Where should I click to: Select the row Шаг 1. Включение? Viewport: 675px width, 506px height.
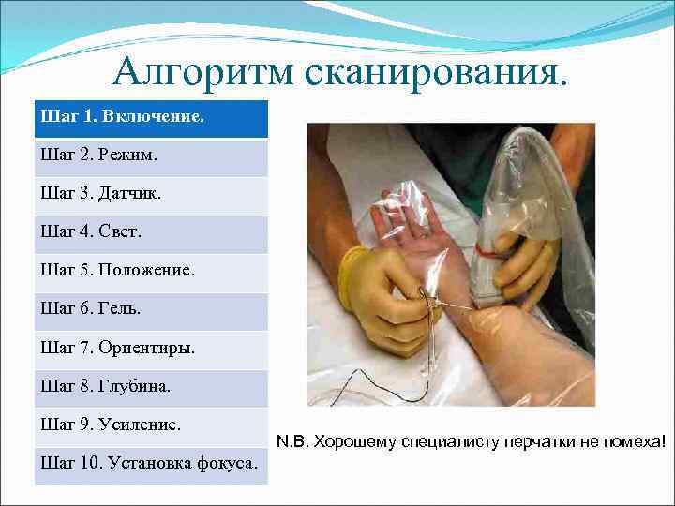pyautogui.click(x=150, y=119)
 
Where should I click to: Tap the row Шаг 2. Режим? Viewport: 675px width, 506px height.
pyautogui.click(x=150, y=157)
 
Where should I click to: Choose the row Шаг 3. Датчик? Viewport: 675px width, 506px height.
pyautogui.click(x=150, y=196)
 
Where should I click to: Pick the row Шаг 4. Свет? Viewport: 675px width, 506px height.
pyautogui.click(x=150, y=234)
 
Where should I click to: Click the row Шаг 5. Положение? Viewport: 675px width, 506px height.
pyautogui.click(x=150, y=273)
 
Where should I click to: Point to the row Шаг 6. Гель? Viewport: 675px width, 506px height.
pyautogui.click(x=150, y=311)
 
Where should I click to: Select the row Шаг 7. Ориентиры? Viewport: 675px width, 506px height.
pyautogui.click(x=150, y=350)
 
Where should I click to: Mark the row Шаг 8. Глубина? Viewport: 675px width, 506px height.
pyautogui.click(x=150, y=388)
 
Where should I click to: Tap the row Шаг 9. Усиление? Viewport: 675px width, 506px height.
pyautogui.click(x=150, y=426)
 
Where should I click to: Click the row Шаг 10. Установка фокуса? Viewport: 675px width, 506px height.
pyautogui.click(x=150, y=465)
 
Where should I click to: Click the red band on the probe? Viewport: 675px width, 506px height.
pyautogui.click(x=488, y=250)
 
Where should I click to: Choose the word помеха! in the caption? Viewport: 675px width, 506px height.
pyautogui.click(x=637, y=439)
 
